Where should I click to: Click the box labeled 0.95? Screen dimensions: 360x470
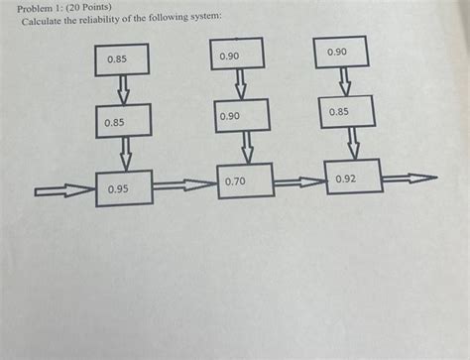click(124, 187)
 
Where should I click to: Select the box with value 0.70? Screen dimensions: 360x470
click(245, 180)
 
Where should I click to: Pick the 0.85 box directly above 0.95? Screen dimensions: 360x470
click(124, 121)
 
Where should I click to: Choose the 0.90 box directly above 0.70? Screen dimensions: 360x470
click(241, 116)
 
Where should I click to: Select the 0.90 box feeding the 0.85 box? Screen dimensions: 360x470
click(341, 52)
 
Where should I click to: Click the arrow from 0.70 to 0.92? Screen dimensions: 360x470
click(298, 180)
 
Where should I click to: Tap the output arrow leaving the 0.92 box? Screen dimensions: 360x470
click(409, 179)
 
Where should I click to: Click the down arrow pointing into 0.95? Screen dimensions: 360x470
click(126, 154)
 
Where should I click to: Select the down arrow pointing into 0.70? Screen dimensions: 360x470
click(247, 148)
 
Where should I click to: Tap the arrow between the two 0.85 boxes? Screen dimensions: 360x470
click(123, 89)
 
